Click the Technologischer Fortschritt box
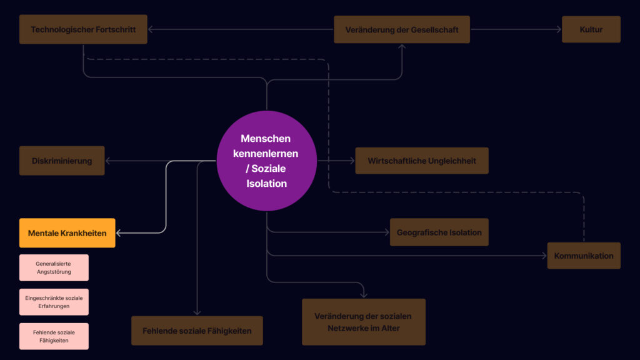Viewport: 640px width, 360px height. point(83,29)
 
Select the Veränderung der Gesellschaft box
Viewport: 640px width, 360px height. point(402,29)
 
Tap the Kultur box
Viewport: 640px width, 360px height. point(591,29)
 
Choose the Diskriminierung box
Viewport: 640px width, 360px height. point(62,161)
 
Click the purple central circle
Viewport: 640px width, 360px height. point(266,161)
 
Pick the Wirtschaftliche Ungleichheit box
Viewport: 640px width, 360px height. point(422,161)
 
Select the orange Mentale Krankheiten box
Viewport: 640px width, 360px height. point(67,233)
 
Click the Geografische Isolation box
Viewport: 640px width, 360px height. point(439,232)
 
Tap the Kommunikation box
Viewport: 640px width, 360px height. point(584,256)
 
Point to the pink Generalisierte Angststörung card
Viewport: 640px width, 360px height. point(54,267)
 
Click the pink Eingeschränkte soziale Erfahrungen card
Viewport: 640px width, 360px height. point(54,302)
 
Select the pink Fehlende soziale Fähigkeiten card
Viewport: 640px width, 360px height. point(54,336)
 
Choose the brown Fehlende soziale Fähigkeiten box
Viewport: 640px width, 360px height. point(197,331)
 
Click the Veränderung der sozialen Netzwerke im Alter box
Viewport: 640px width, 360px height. point(364,322)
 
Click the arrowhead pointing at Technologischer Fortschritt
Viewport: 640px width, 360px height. point(150,29)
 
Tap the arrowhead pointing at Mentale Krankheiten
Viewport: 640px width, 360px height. point(118,233)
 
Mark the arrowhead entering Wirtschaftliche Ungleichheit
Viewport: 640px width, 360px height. point(352,161)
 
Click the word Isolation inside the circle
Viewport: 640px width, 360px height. point(266,184)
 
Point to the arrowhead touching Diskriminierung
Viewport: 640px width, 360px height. point(107,161)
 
